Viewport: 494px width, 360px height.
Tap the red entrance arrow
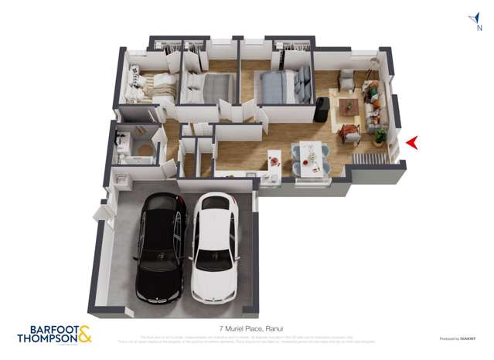(412, 142)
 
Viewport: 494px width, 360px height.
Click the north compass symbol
(471, 21)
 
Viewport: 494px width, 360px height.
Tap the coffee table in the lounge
(350, 107)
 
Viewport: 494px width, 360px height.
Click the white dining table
(310, 155)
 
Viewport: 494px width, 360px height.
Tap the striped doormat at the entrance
(371, 159)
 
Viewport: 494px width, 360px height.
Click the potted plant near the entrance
(379, 135)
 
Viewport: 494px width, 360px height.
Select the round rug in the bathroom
(141, 149)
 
